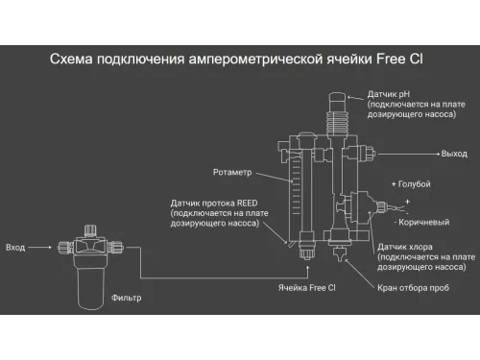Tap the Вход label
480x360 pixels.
click(x=15, y=247)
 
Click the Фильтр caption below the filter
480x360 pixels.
click(x=126, y=297)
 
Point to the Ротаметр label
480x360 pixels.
click(x=231, y=173)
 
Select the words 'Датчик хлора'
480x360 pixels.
click(x=402, y=247)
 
